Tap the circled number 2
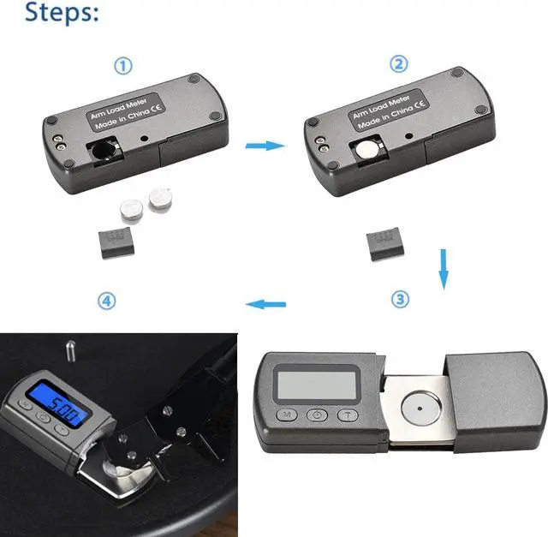[x=399, y=64]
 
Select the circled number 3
[x=400, y=299]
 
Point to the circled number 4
[x=106, y=301]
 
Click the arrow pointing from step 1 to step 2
[x=264, y=146]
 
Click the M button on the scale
[x=286, y=415]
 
